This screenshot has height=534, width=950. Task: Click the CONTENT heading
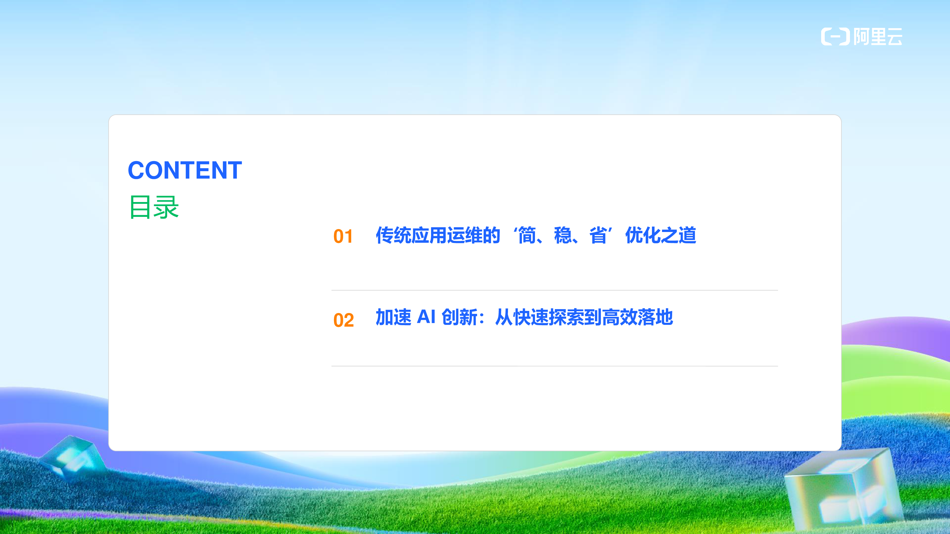(x=185, y=170)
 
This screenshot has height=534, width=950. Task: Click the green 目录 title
(x=154, y=207)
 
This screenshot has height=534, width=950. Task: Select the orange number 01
(x=343, y=236)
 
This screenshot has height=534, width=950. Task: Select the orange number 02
(x=343, y=320)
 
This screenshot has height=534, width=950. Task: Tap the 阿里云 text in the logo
(x=878, y=36)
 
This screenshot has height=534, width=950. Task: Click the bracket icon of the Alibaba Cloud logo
(x=835, y=36)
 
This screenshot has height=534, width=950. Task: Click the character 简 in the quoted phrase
(x=527, y=235)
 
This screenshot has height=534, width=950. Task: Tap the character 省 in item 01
(x=598, y=235)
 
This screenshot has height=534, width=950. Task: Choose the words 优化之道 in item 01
(x=661, y=235)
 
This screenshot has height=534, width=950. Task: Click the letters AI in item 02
(x=426, y=317)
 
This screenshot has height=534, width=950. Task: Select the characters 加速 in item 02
(x=393, y=317)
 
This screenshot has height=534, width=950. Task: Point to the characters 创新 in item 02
(x=459, y=317)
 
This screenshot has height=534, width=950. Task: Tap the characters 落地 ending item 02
(x=655, y=317)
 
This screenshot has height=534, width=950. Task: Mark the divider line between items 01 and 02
(x=555, y=290)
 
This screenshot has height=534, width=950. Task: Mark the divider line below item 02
(x=555, y=366)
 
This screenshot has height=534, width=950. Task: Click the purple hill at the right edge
(x=900, y=333)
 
